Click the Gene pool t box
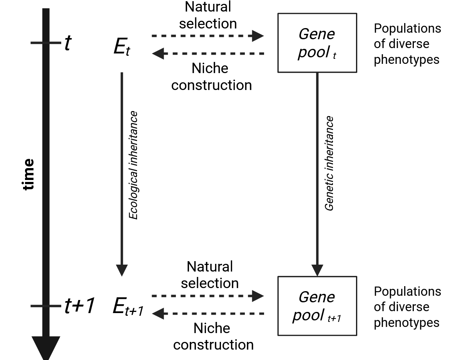(x=317, y=43)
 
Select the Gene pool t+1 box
(x=317, y=306)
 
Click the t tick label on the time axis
(x=67, y=43)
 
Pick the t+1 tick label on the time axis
(x=79, y=306)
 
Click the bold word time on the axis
(x=28, y=174)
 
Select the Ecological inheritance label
(x=133, y=165)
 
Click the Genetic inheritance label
(x=329, y=163)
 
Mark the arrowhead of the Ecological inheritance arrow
(x=122, y=270)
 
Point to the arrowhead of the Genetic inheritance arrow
(x=317, y=270)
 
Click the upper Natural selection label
(x=208, y=15)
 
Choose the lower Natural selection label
(x=210, y=275)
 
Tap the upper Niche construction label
(x=211, y=77)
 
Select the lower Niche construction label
(x=213, y=337)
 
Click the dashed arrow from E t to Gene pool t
(x=207, y=36)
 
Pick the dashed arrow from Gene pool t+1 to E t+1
(x=208, y=314)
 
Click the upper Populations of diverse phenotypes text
(x=407, y=44)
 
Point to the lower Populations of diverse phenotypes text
(x=407, y=307)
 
